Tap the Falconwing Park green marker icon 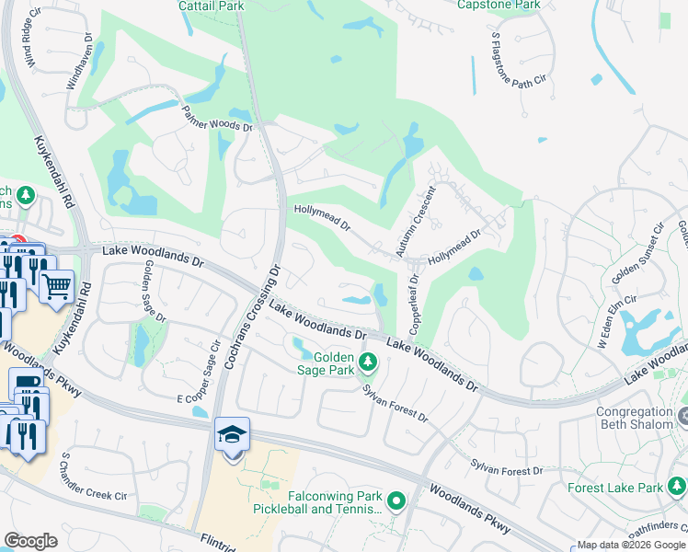[x=396, y=501]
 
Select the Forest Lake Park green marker [x=678, y=485]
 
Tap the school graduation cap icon [x=232, y=435]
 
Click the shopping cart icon [x=57, y=286]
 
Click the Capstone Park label [x=499, y=5]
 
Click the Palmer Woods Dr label [x=216, y=118]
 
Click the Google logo [x=30, y=541]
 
